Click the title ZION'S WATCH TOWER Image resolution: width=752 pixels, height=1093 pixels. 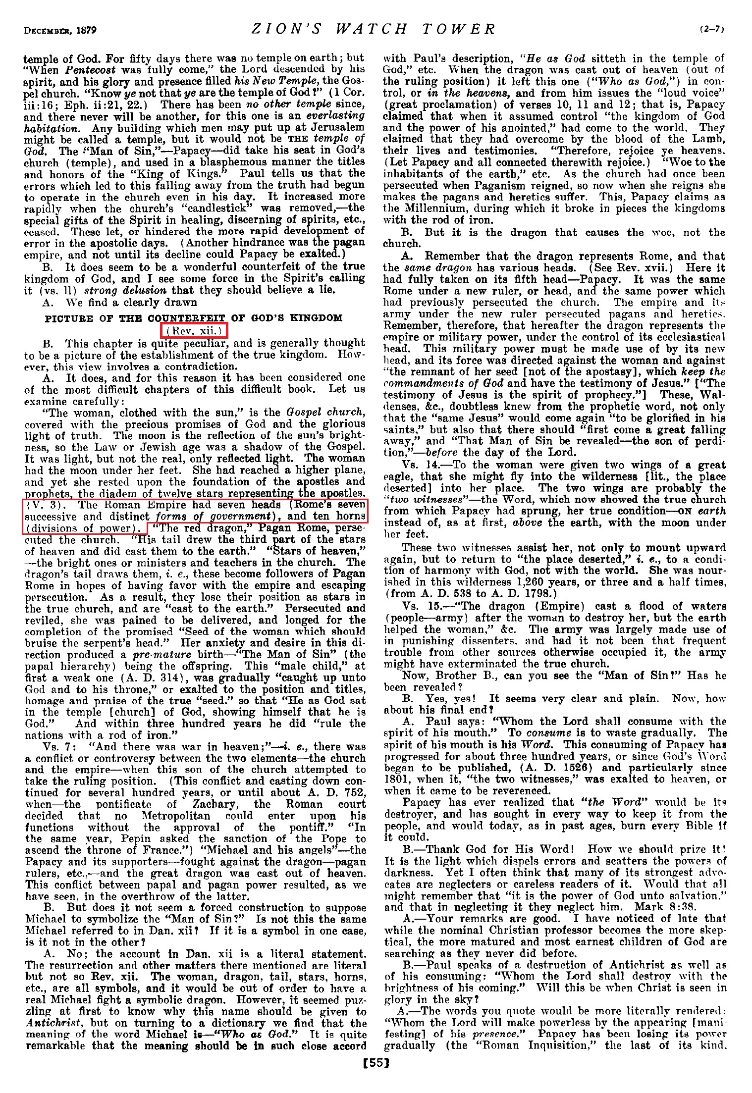374,29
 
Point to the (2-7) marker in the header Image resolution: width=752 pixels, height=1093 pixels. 712,29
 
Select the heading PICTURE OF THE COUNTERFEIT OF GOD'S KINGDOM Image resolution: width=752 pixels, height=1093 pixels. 194,318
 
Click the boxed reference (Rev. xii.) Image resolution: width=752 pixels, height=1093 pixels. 194,330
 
